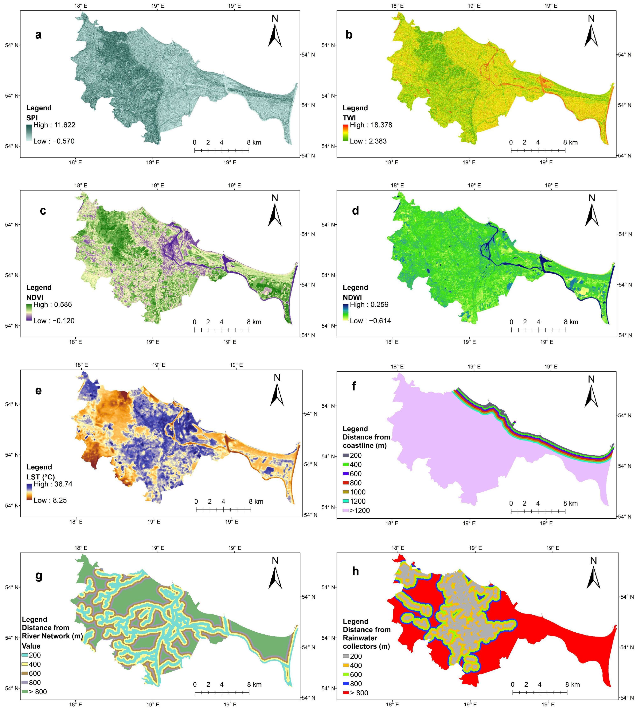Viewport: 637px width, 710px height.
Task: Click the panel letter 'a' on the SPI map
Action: [x=38, y=35]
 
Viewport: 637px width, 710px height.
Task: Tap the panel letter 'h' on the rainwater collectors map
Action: [x=355, y=571]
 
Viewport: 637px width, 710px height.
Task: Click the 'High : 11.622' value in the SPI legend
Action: [x=54, y=125]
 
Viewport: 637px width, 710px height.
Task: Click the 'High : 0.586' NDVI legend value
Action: [x=52, y=305]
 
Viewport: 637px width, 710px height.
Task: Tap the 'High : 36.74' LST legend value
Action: [x=53, y=484]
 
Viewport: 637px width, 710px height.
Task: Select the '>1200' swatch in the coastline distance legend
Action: [x=345, y=511]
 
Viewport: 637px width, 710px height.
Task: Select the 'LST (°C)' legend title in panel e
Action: [x=41, y=477]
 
